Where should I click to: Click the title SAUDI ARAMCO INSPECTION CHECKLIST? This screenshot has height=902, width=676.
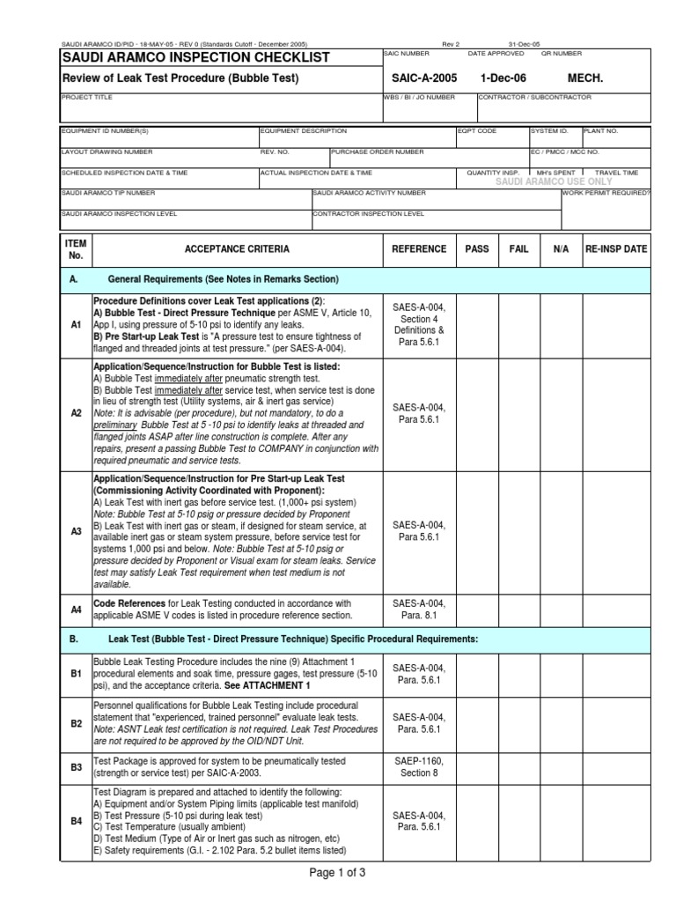coord(195,57)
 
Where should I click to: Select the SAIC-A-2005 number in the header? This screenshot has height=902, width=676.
coord(421,78)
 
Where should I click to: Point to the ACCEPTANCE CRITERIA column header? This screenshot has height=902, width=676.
coord(236,249)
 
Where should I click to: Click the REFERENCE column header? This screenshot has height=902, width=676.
coord(419,249)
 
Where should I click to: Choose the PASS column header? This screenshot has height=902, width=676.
coord(477,249)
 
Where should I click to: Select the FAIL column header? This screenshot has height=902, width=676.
coord(519,249)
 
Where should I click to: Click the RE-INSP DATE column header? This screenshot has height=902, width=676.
coord(616,249)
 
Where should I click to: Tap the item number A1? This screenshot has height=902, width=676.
coord(76,325)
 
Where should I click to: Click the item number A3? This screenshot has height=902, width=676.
coord(76,531)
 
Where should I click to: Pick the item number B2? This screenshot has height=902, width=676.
coord(76,723)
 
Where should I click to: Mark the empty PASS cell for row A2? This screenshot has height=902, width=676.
coord(477,413)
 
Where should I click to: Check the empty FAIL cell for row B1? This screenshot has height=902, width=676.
coord(519,674)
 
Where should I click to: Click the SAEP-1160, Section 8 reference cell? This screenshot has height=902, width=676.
coord(419,767)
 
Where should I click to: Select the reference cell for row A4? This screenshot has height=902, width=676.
coord(419,609)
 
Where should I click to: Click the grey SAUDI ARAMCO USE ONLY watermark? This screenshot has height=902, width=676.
coord(554,181)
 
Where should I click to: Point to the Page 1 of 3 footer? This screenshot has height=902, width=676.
coord(337,873)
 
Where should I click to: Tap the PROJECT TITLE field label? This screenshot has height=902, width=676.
coord(87,98)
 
